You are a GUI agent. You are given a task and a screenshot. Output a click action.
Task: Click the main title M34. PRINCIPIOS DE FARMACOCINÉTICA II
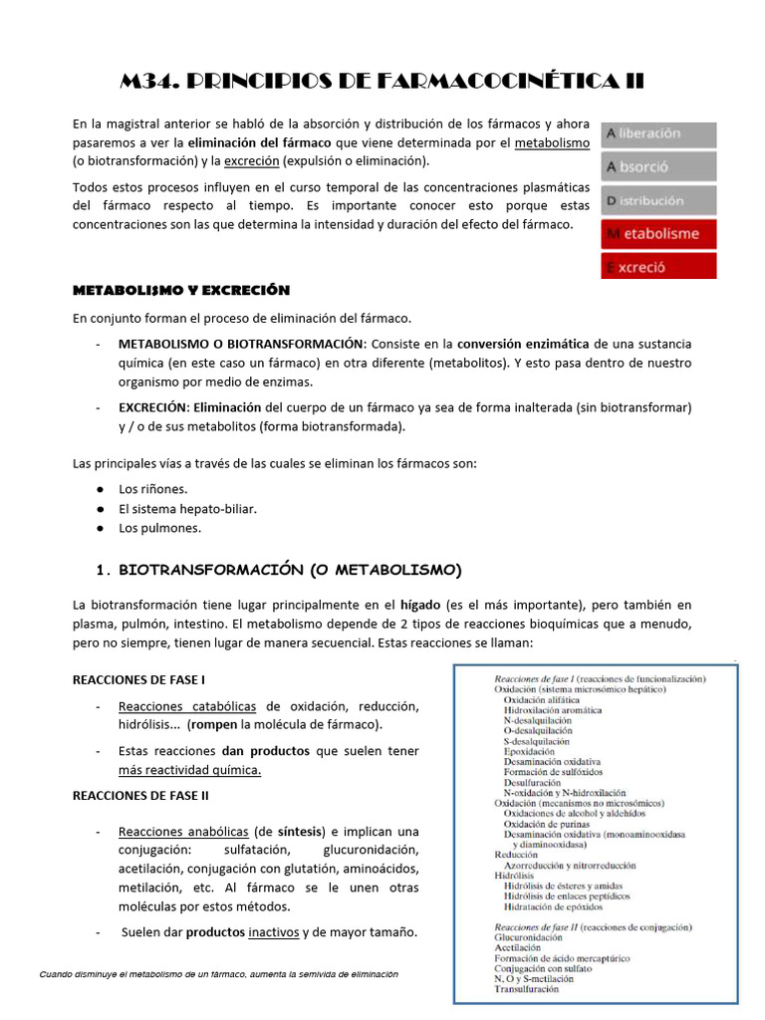(x=382, y=81)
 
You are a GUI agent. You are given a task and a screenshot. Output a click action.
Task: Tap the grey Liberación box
(x=658, y=133)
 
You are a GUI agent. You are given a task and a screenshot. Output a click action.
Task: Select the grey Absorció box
(x=658, y=167)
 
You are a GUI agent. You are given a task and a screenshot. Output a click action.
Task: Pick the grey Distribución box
(x=658, y=200)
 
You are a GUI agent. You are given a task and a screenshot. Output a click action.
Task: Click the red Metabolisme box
(x=658, y=234)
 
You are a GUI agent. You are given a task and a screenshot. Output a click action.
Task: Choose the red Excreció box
(x=658, y=267)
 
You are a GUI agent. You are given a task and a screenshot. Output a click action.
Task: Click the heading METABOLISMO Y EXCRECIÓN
(x=180, y=290)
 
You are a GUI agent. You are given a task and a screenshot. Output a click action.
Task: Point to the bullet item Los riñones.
(x=152, y=489)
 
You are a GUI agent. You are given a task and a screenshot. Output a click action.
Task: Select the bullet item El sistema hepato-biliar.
(x=187, y=508)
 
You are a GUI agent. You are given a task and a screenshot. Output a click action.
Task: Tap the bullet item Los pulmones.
(x=159, y=528)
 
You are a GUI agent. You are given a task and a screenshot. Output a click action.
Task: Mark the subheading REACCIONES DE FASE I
(x=139, y=679)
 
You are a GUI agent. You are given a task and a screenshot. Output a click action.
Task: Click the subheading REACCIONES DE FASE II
(x=140, y=795)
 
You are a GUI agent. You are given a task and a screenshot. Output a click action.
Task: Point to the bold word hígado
(x=419, y=605)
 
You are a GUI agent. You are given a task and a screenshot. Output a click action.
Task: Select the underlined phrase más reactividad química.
(x=189, y=770)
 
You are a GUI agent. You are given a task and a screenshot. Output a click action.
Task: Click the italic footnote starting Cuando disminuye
(x=219, y=974)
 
